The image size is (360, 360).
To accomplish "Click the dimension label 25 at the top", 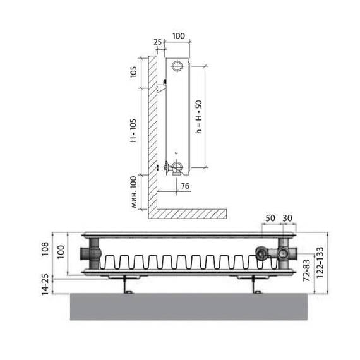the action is [157, 42].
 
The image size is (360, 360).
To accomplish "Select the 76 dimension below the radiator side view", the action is [185, 186].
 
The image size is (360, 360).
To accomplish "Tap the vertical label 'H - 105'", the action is [133, 130].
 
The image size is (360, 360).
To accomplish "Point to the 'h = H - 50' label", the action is [198, 117].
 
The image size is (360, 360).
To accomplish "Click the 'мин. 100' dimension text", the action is [133, 192].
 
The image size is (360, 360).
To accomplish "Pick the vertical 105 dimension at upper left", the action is [133, 71].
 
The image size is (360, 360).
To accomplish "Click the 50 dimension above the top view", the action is [270, 218].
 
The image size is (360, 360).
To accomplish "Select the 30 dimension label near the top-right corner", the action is [287, 218].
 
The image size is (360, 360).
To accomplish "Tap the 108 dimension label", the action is [45, 249].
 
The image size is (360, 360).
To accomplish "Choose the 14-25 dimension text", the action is [45, 284].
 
